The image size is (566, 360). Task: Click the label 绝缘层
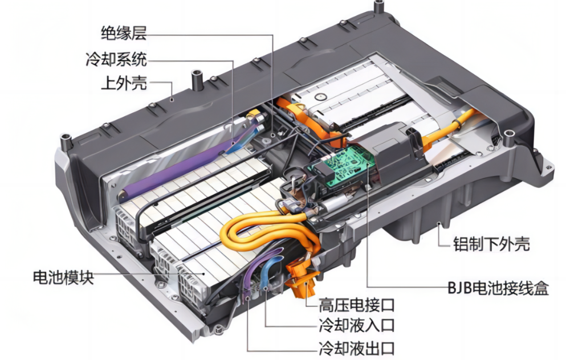tap(124, 33)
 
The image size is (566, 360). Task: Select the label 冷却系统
tap(116, 59)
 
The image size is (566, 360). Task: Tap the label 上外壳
tap(124, 83)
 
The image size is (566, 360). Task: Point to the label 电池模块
tap(63, 277)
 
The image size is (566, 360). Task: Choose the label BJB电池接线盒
tap(498, 288)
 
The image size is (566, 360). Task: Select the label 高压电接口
tap(356, 305)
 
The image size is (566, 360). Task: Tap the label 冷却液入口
tap(356, 325)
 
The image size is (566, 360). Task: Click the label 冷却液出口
tap(356, 348)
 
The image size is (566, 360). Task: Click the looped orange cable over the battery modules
tap(267, 231)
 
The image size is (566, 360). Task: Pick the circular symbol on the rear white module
tap(320, 97)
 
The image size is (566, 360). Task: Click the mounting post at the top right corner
tap(378, 6)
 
